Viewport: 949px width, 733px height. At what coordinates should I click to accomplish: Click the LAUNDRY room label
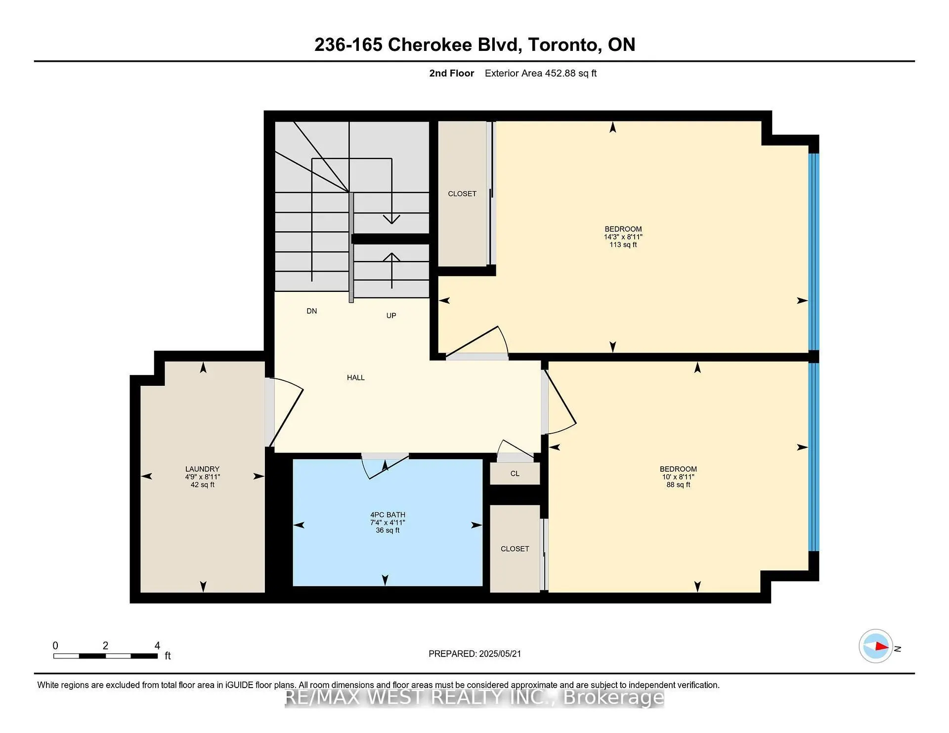[x=202, y=469]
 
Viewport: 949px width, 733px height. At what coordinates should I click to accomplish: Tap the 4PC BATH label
[x=388, y=515]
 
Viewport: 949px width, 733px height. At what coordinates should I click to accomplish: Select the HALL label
[x=356, y=377]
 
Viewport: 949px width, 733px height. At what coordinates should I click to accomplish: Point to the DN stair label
[x=312, y=311]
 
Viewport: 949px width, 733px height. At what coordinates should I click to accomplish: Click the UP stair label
[x=391, y=315]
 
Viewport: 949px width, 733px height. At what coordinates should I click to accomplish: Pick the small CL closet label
[x=515, y=473]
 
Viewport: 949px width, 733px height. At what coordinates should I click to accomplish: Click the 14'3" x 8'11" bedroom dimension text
[x=623, y=237]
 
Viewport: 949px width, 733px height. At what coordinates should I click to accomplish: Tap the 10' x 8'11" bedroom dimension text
[x=678, y=477]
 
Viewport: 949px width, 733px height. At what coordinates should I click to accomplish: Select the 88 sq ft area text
[x=678, y=485]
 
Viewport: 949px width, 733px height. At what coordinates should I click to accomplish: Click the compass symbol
[x=876, y=646]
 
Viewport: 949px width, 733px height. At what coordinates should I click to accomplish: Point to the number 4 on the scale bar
[x=157, y=646]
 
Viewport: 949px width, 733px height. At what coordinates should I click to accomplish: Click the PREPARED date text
[x=474, y=653]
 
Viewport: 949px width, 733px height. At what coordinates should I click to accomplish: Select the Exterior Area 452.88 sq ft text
[x=541, y=73]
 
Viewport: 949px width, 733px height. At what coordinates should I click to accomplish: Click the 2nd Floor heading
[x=452, y=73]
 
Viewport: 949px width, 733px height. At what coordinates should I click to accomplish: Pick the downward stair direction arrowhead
[x=391, y=219]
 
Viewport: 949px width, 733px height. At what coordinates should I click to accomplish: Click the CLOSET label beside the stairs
[x=462, y=194]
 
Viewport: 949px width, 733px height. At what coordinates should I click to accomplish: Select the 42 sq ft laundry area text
[x=203, y=485]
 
